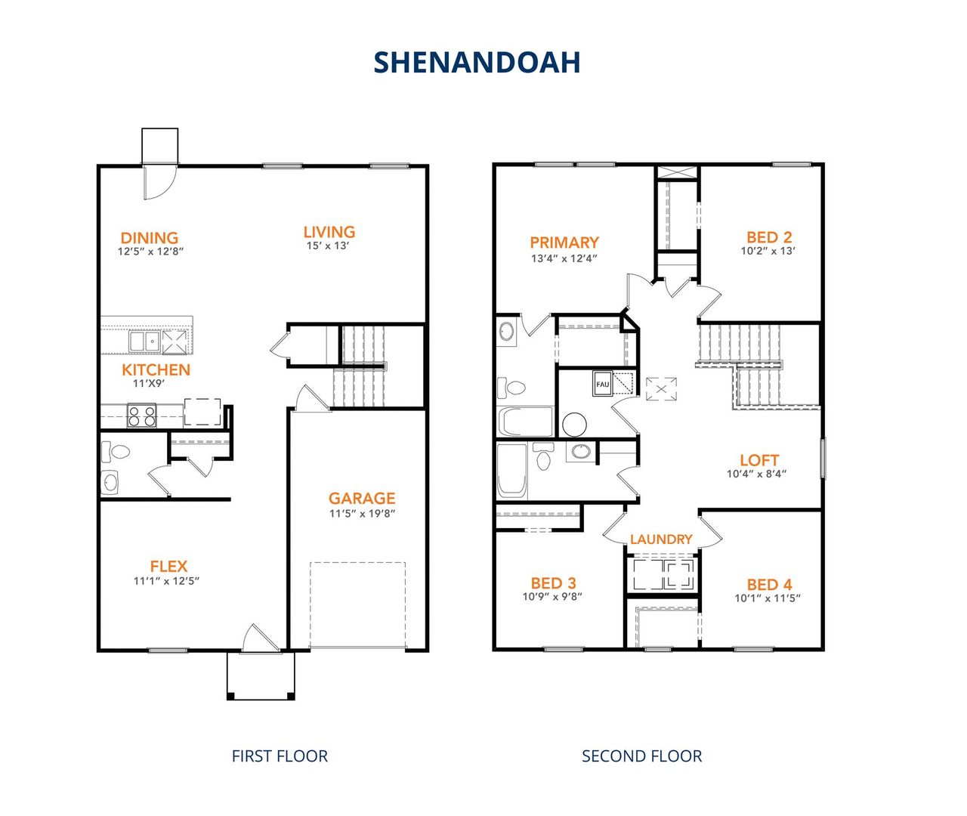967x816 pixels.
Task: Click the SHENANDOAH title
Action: pyautogui.click(x=477, y=62)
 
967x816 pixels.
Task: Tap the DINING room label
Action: pyautogui.click(x=150, y=238)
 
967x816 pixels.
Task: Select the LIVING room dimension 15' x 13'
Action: pyautogui.click(x=328, y=246)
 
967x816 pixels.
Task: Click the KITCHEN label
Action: pyautogui.click(x=156, y=369)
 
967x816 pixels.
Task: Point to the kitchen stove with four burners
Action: pyautogui.click(x=141, y=416)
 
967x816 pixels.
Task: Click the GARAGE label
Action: pyautogui.click(x=362, y=498)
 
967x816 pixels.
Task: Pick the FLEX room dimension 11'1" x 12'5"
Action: pyautogui.click(x=167, y=581)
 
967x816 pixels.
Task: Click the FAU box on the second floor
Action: pyautogui.click(x=602, y=384)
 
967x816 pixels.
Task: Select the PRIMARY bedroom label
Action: pyautogui.click(x=564, y=243)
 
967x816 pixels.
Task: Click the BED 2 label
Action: pyautogui.click(x=769, y=237)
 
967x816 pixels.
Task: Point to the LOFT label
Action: pyautogui.click(x=759, y=460)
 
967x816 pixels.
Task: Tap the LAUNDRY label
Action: pyautogui.click(x=661, y=539)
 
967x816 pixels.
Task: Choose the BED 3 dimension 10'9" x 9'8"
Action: pyautogui.click(x=552, y=597)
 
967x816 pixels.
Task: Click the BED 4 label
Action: pyautogui.click(x=769, y=585)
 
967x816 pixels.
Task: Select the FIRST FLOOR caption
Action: pyautogui.click(x=280, y=756)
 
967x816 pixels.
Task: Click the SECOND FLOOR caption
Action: pyautogui.click(x=641, y=756)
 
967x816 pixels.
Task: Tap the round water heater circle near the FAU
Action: pyautogui.click(x=574, y=425)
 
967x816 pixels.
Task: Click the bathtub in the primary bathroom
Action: pyautogui.click(x=525, y=422)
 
